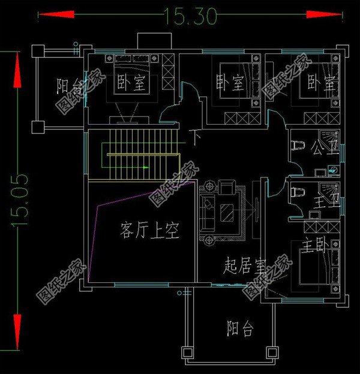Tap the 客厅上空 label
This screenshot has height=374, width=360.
149,231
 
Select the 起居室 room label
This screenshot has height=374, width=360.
245,264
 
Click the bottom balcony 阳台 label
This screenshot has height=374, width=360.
240,328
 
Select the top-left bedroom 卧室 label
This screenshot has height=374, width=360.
130,82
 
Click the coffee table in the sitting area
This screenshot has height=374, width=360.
227,212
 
